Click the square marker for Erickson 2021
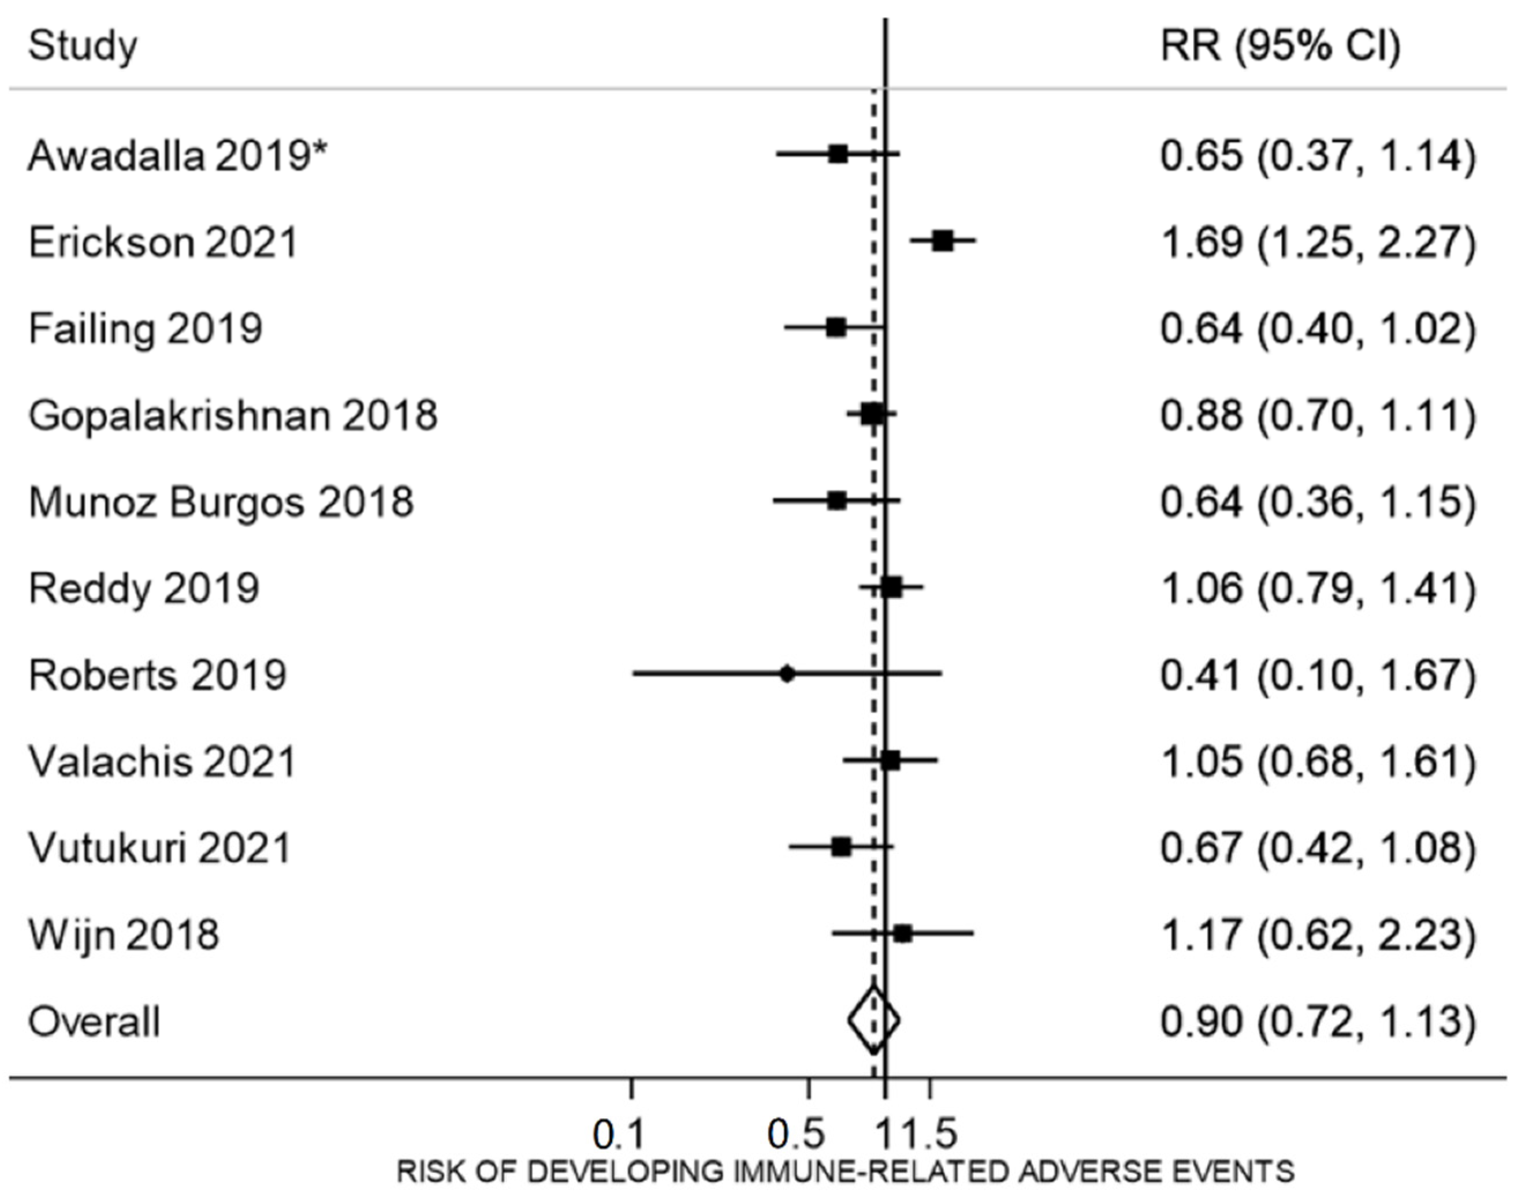(943, 241)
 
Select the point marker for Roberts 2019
(787, 674)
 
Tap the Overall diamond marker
(873, 1020)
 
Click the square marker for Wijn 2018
(903, 934)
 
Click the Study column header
(83, 46)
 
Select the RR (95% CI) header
(1280, 46)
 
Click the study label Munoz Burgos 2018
(221, 502)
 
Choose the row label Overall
(94, 1022)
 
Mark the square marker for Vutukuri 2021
(841, 848)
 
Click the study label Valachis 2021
(162, 761)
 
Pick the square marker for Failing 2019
(836, 327)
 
